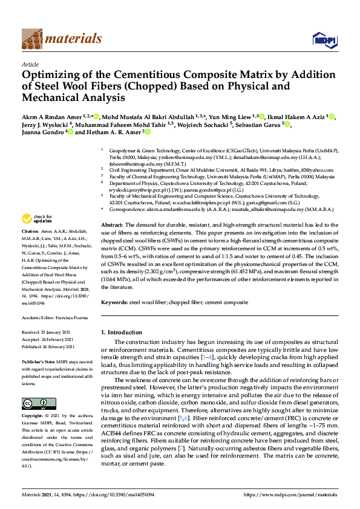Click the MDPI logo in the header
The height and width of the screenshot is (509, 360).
[323, 40]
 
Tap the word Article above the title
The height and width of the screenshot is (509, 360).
[30, 63]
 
